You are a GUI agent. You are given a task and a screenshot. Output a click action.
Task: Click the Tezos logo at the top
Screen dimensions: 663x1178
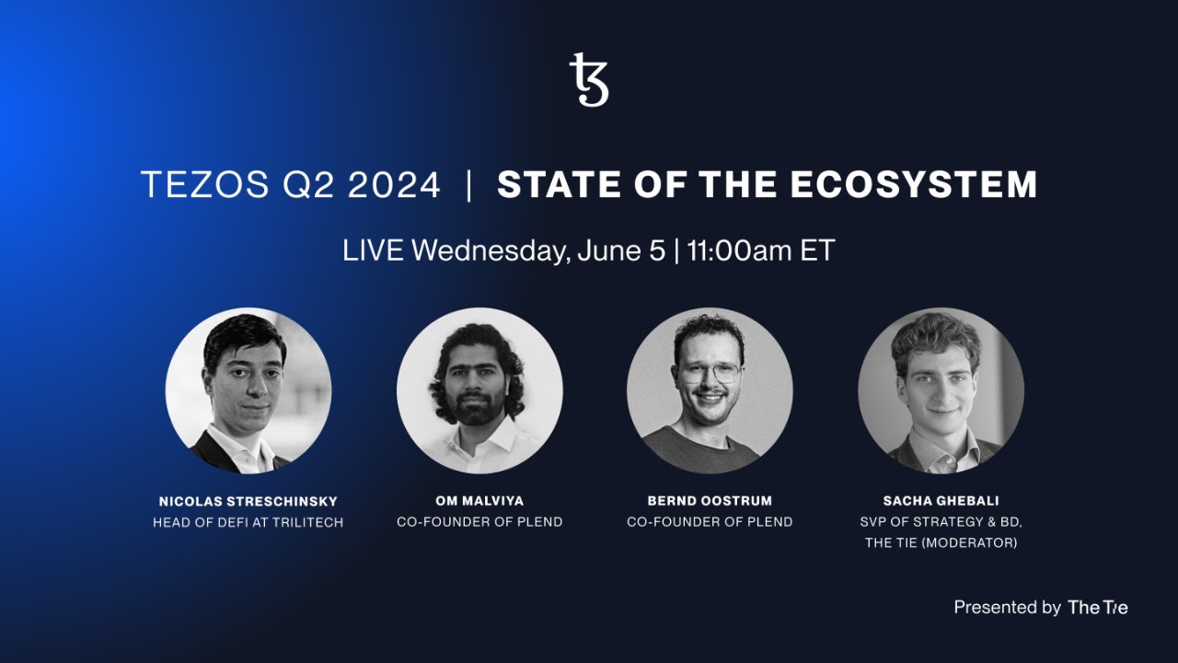coord(589,80)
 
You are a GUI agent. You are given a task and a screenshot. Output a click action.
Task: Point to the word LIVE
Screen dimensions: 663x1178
coord(373,250)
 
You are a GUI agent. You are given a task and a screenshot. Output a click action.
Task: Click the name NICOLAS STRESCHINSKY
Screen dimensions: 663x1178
coord(248,502)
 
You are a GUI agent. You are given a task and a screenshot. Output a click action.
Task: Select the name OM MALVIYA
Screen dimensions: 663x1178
coord(479,501)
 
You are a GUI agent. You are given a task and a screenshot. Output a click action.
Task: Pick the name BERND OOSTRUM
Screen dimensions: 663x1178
coord(710,501)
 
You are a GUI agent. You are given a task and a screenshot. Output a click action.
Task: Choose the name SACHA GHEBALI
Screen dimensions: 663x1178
coord(941,501)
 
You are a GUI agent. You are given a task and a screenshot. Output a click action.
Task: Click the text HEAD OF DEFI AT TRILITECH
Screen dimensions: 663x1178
coord(248,522)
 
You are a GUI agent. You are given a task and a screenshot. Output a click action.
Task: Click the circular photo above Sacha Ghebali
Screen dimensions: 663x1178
coord(941,390)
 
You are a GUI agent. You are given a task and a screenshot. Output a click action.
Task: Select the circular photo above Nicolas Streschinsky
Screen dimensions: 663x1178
coord(248,390)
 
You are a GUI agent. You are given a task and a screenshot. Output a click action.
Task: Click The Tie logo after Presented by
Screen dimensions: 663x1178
coord(1097,608)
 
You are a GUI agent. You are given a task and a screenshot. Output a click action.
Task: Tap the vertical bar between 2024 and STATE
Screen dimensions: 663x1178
coord(469,185)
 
